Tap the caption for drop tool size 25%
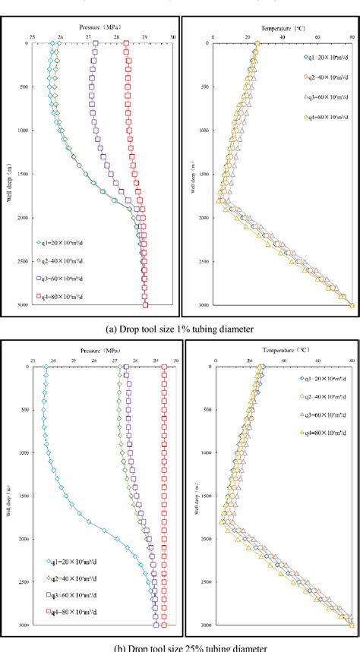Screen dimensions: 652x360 pos(180,647)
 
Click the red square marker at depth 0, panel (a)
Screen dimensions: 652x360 pos(127,44)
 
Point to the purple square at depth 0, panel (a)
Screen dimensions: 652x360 pos(96,44)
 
